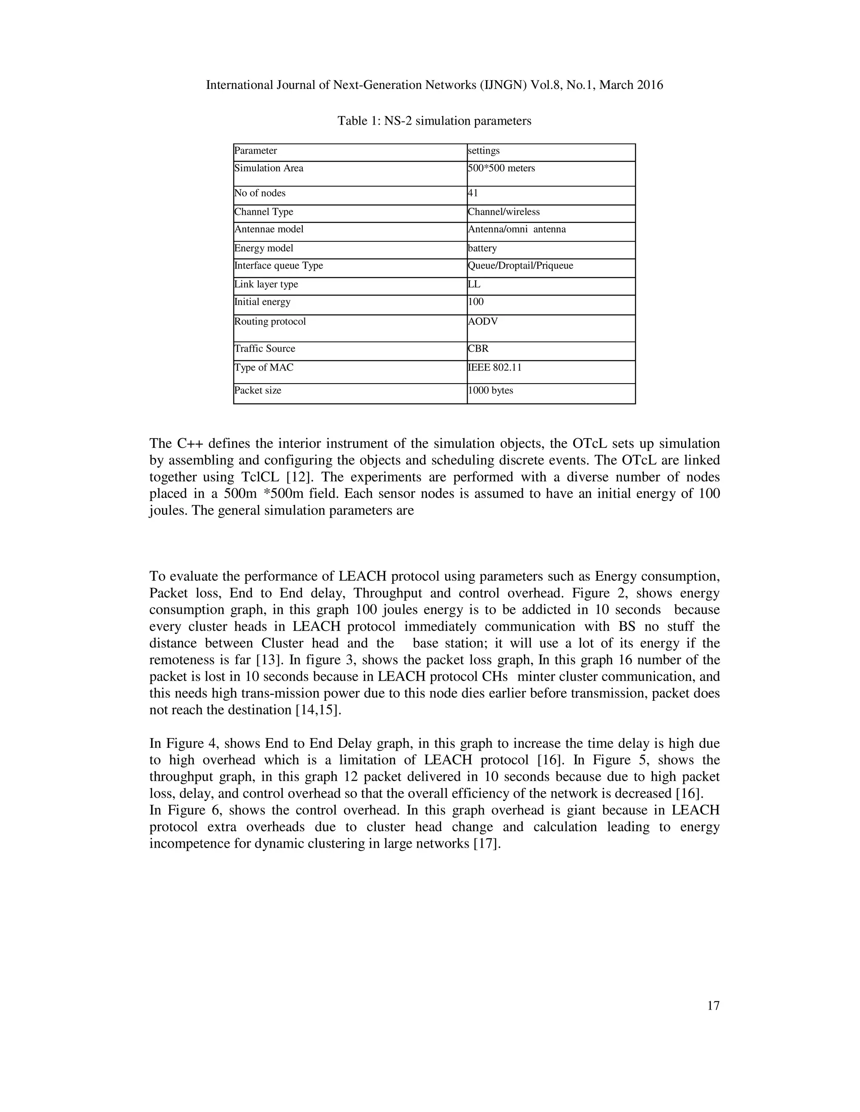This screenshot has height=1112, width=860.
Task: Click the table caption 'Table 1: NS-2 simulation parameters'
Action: (434, 121)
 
